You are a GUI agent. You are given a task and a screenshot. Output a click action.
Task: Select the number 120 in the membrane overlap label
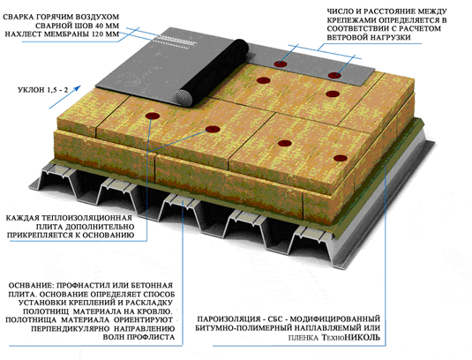point(98,34)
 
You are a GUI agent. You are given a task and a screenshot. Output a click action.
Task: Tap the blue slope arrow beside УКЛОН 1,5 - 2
point(65,97)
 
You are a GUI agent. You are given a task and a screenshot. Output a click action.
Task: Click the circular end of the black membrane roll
point(184,98)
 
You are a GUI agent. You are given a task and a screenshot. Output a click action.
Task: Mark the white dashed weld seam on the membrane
point(177,41)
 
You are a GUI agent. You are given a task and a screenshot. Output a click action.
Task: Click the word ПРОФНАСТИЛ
point(84,285)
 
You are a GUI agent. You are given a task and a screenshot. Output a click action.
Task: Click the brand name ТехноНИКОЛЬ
point(351,337)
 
